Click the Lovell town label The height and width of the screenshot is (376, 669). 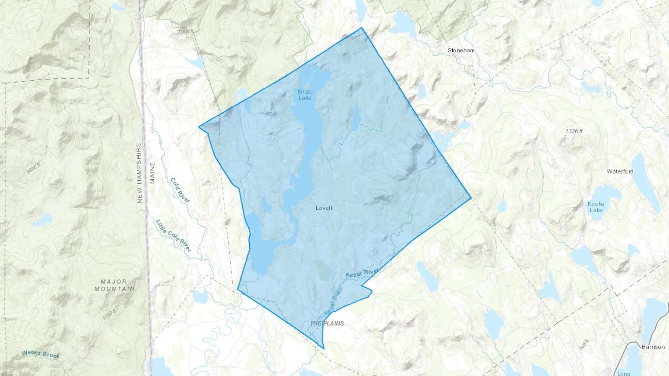[x=324, y=208]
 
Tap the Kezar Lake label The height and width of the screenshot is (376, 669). [x=305, y=95]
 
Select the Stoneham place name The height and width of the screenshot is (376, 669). [x=461, y=50]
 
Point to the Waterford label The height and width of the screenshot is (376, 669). [x=620, y=171]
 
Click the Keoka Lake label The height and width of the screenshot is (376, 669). [x=596, y=207]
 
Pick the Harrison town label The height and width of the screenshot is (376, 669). [x=653, y=347]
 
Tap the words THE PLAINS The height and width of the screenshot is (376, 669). [x=327, y=323]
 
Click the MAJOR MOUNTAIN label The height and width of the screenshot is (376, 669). [x=114, y=285]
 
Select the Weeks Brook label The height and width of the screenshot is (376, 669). [x=41, y=354]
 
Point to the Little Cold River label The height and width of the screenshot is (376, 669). [x=173, y=236]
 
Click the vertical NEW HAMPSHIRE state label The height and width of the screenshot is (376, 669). [x=140, y=173]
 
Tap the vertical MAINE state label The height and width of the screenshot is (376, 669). [x=152, y=173]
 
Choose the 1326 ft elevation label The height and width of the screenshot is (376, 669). [x=574, y=131]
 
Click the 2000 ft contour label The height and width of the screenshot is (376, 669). [x=33, y=168]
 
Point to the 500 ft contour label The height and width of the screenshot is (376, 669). [x=584, y=345]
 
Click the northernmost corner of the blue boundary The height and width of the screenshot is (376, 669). [x=361, y=28]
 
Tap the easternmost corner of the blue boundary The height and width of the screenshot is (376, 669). [x=471, y=198]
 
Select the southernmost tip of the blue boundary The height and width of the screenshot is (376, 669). [x=324, y=349]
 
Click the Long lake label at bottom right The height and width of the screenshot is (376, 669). [x=624, y=373]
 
